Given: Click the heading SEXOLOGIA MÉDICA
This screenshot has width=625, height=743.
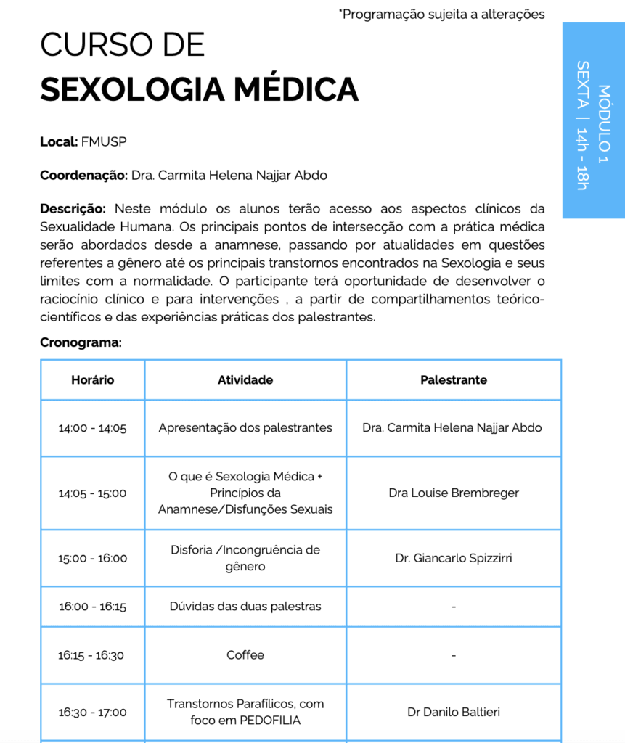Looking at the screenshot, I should click(x=199, y=89).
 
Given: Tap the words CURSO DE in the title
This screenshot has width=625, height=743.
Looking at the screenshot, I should click(x=123, y=45).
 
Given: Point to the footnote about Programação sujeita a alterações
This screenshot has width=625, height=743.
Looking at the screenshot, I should click(x=441, y=14).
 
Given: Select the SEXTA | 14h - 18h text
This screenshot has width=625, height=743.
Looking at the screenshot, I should click(x=582, y=125).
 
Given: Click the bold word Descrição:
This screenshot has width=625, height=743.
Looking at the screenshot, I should click(x=73, y=209).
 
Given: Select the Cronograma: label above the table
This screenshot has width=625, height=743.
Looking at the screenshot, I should click(x=81, y=342).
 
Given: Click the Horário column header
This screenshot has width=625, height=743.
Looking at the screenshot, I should click(x=92, y=379).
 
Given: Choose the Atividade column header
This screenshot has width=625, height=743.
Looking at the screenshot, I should click(x=245, y=379).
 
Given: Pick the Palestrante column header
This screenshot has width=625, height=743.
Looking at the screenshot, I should click(x=454, y=379).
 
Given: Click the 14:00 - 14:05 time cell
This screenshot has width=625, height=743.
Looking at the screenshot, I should click(x=92, y=428).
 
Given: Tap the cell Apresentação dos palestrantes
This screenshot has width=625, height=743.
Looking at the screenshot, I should click(x=245, y=427).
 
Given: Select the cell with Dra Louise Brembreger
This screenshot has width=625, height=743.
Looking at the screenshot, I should click(x=454, y=493).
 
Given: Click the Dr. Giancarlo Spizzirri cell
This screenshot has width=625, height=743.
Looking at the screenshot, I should click(x=454, y=558).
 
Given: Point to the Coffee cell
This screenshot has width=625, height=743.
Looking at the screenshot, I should click(x=245, y=654).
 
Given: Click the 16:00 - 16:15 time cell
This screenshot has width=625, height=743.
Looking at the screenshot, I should click(x=92, y=607).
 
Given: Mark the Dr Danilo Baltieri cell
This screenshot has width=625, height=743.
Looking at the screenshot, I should click(x=454, y=712).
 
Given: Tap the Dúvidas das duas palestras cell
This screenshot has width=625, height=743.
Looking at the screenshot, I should click(x=245, y=606).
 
